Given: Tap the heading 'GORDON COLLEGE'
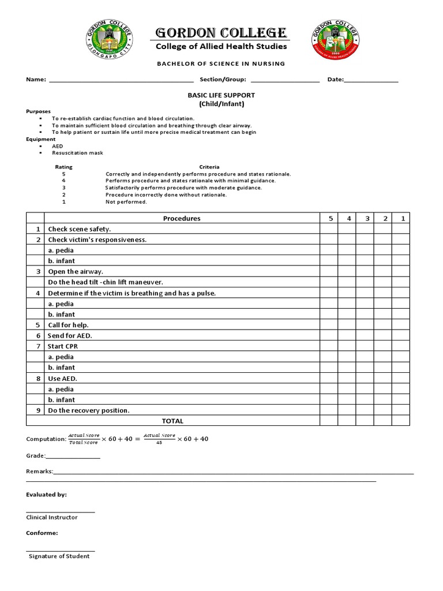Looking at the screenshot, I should click(220, 32).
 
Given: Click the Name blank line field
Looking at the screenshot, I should click(121, 80).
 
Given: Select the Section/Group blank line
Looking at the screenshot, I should click(285, 80).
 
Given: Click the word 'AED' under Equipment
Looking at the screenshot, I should click(58, 146).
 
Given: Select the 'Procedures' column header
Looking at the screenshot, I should click(182, 219).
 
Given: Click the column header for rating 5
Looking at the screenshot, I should click(331, 219).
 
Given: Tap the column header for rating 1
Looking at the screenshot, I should click(401, 219).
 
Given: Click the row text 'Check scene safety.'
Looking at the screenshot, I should click(79, 229).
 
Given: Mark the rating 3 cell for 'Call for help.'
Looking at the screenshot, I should click(366, 325).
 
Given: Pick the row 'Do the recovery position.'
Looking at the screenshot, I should click(89, 410).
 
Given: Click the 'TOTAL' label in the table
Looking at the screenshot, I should click(172, 421).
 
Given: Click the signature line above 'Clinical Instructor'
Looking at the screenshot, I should click(61, 511).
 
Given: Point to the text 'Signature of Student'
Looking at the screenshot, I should click(59, 556).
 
